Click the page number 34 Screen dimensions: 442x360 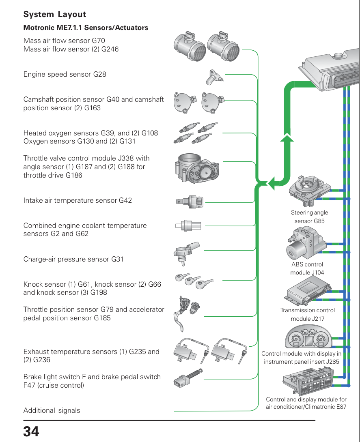point(31,431)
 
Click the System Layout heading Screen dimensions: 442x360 point(55,15)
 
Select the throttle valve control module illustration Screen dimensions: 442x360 point(198,168)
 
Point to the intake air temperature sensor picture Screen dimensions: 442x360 point(190,201)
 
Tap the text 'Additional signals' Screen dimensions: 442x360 point(52,410)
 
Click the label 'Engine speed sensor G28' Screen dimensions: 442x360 point(65,75)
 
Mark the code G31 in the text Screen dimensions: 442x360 point(117,259)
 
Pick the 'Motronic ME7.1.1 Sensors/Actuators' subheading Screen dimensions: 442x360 point(86,28)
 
